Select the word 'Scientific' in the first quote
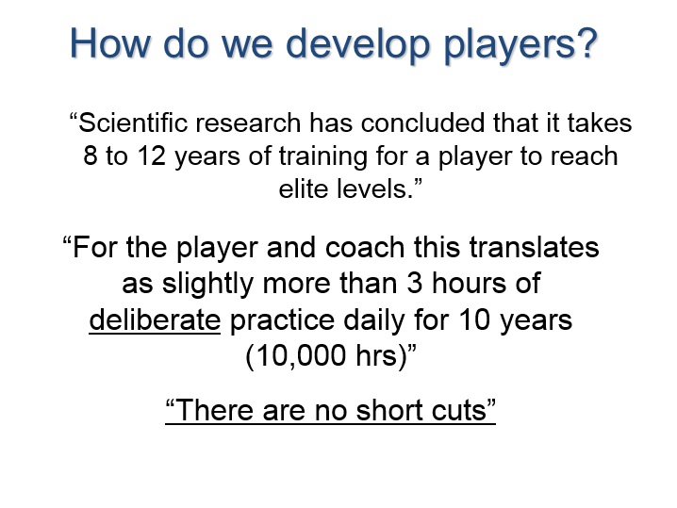[133, 123]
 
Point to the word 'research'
[248, 123]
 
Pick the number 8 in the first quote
[91, 156]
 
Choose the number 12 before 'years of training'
[152, 156]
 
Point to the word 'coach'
[365, 248]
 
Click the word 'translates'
[534, 248]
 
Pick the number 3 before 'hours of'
[415, 284]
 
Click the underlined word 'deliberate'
[155, 320]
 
